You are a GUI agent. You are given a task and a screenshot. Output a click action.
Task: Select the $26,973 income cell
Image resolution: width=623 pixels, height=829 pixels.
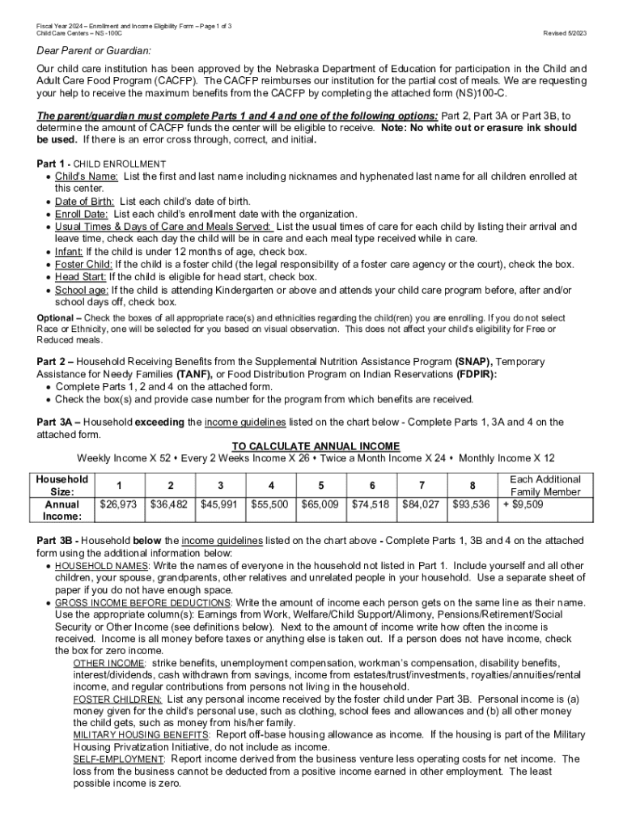tap(119, 504)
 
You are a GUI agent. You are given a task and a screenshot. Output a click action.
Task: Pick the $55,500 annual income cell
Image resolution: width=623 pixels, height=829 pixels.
tap(271, 504)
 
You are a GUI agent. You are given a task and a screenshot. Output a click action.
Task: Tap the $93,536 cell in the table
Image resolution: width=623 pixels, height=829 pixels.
tap(472, 504)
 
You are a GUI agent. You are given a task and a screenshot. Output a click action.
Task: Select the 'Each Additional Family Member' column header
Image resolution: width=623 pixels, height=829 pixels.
tap(545, 486)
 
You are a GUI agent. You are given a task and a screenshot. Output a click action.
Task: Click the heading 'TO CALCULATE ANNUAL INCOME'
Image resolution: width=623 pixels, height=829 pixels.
tap(316, 446)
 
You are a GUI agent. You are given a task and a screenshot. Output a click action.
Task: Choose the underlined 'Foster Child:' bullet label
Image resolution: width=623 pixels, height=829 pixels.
tap(83, 264)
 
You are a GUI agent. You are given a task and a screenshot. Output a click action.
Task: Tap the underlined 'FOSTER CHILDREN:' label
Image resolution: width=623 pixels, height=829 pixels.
tap(117, 698)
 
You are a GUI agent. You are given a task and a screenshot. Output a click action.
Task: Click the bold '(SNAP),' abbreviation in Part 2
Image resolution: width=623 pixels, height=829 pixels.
tap(473, 360)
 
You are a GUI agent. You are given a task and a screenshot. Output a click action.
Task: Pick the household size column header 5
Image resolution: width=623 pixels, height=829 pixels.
tap(321, 486)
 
